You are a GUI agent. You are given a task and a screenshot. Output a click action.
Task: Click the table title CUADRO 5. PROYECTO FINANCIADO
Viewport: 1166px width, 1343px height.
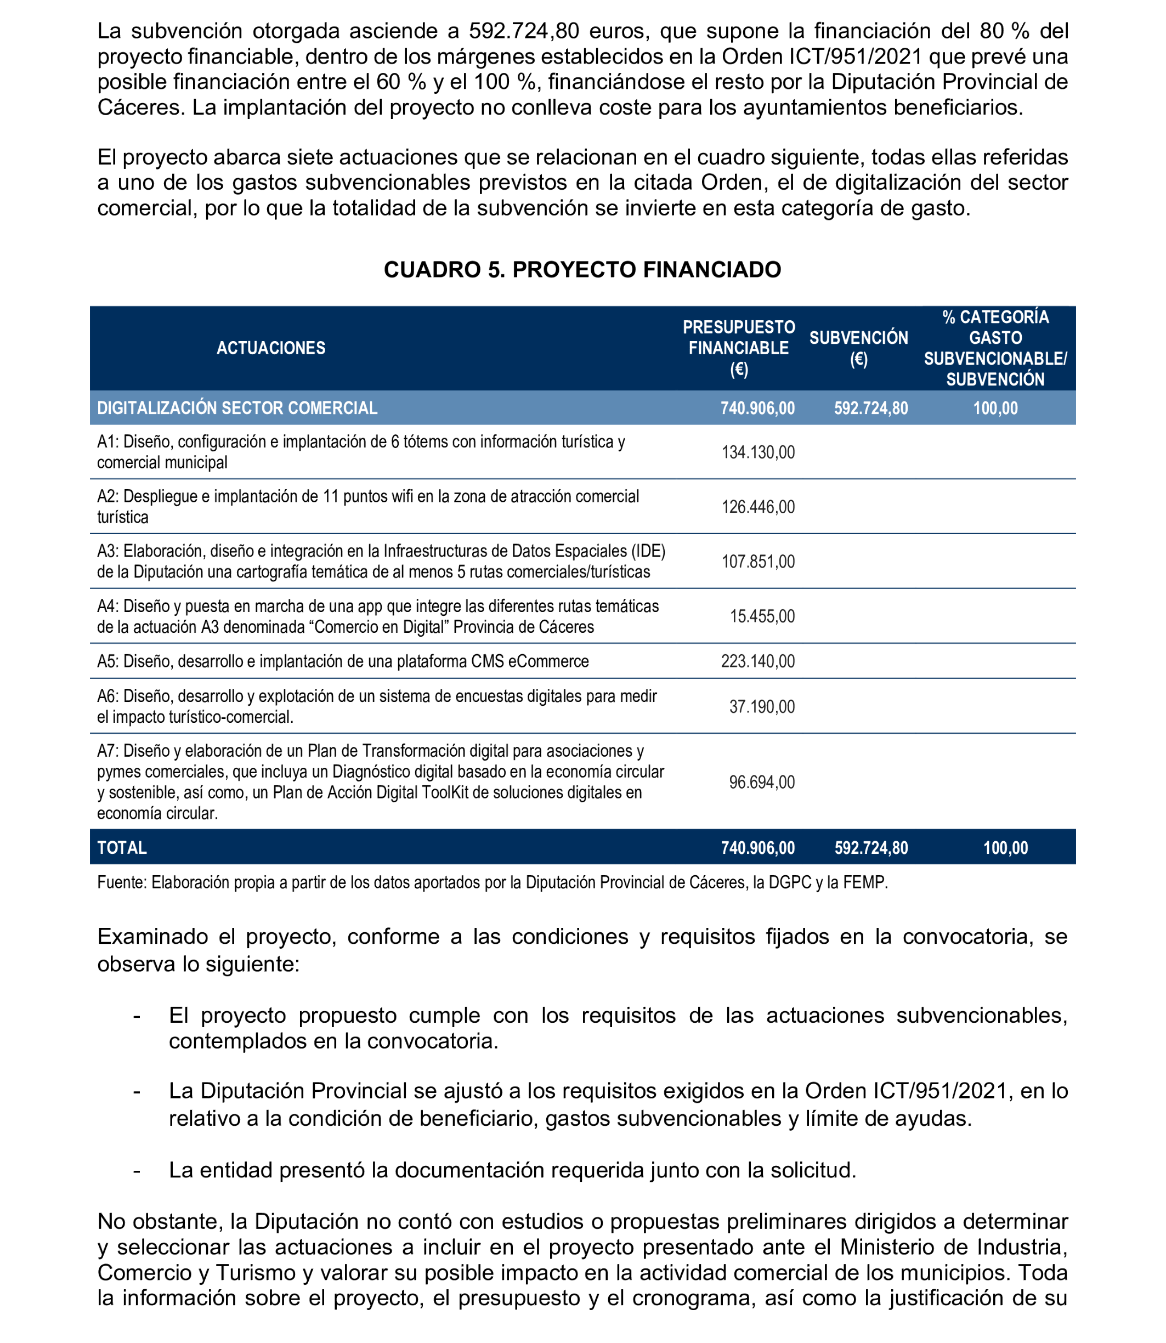(x=582, y=269)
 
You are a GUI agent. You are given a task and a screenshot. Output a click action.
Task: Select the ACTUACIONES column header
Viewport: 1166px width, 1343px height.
(x=271, y=348)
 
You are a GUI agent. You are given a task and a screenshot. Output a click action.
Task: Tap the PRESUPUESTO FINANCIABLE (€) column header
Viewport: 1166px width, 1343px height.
(x=739, y=348)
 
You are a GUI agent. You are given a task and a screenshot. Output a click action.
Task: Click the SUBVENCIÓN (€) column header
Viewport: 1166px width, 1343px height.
(x=858, y=348)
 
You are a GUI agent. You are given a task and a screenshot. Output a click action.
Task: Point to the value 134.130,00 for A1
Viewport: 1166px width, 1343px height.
(x=758, y=452)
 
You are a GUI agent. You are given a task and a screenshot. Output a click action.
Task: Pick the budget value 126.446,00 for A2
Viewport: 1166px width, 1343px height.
(x=758, y=507)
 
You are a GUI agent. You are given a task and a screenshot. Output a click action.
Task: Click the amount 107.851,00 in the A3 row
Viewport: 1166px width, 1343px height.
(x=758, y=562)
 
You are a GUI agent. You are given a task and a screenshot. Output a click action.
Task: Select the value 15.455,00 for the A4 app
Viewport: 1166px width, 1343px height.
(x=762, y=616)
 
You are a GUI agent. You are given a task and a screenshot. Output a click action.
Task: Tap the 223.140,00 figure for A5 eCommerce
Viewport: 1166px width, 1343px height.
(x=758, y=662)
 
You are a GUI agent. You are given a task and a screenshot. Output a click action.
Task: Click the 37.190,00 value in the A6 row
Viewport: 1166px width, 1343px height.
(x=762, y=707)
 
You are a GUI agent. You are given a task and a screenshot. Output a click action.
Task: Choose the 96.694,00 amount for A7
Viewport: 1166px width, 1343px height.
(x=762, y=782)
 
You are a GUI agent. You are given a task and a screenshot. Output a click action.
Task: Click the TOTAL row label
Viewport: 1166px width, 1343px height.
(x=122, y=848)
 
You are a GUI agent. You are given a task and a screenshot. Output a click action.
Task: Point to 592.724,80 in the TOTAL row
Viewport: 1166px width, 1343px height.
(x=871, y=848)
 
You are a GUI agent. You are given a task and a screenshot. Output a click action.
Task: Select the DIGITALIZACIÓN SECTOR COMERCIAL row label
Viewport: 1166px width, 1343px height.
(x=237, y=408)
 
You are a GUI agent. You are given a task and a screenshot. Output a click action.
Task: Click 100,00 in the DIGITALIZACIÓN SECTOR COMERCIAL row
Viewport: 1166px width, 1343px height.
(x=995, y=408)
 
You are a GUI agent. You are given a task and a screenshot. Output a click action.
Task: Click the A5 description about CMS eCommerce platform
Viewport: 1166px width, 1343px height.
(x=343, y=662)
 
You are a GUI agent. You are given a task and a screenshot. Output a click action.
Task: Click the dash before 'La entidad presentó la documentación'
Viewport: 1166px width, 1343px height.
(x=137, y=1170)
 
